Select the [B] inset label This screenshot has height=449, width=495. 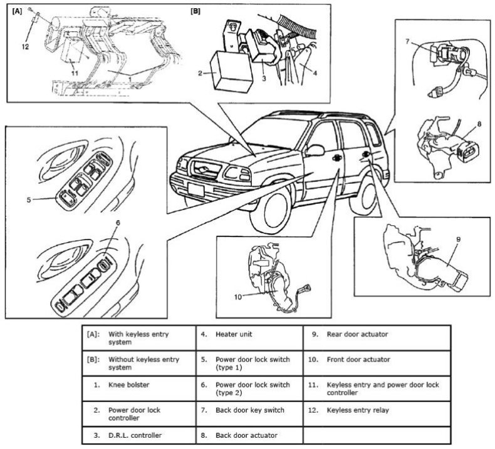[x=195, y=11]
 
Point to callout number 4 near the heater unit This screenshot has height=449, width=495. [x=314, y=73]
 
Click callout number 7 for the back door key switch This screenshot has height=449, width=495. [x=407, y=42]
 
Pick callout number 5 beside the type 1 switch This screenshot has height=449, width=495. [x=28, y=200]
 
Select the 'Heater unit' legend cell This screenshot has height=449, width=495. [x=233, y=335]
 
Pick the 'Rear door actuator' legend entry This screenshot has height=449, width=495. [x=357, y=335]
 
